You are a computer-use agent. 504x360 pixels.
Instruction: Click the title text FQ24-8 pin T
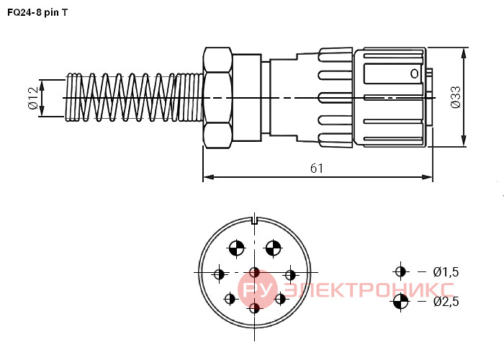click(x=37, y=12)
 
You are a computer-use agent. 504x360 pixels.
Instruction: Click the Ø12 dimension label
click(x=33, y=98)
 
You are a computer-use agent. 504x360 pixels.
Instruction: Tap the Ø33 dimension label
click(x=456, y=97)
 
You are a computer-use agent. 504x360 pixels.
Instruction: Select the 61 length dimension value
click(x=317, y=168)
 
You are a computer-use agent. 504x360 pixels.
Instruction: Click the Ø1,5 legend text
click(x=446, y=272)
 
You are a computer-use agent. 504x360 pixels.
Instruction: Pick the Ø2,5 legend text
click(x=446, y=302)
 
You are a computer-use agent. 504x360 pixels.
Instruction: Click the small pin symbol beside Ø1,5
click(x=400, y=271)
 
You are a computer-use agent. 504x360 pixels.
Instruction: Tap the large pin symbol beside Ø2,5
click(x=400, y=302)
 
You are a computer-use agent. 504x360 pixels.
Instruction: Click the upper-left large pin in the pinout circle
click(x=237, y=248)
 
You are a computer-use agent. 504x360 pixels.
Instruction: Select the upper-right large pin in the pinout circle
click(x=273, y=248)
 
